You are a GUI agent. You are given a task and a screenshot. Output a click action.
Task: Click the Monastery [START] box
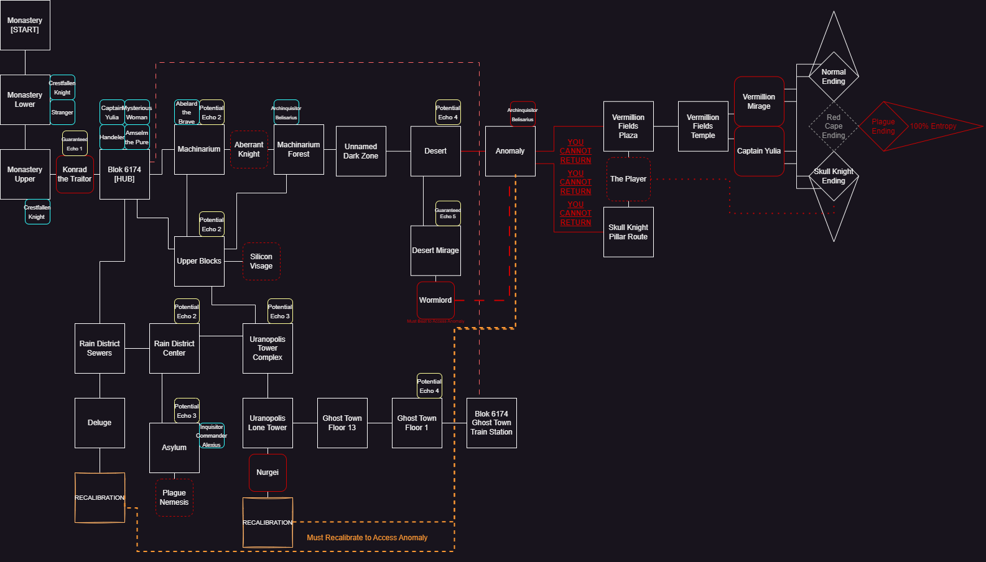25,25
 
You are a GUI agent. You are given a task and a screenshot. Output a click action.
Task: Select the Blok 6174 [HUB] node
124,174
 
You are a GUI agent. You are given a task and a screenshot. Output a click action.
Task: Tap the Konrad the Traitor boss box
75,174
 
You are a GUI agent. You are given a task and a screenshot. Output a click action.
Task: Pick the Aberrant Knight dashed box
249,149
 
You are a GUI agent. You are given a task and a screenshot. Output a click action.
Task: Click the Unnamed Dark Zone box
361,151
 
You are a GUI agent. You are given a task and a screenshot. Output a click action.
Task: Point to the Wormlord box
435,300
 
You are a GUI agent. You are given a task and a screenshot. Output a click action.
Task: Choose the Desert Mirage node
435,251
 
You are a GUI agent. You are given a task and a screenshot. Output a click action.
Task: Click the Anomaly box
510,151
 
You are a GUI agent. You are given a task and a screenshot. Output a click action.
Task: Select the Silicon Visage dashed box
261,261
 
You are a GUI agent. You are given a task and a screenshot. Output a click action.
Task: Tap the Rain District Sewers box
100,348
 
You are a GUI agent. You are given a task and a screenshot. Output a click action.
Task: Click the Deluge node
100,423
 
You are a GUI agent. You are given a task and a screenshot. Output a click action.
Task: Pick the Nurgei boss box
267,472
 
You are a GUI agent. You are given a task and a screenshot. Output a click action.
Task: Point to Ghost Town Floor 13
342,423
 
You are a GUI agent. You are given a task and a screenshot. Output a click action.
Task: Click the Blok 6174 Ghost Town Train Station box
491,423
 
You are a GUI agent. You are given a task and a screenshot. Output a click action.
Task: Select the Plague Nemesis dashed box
174,497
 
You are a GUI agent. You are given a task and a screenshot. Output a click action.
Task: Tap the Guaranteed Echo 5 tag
448,213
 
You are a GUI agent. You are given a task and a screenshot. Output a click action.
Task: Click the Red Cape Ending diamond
834,126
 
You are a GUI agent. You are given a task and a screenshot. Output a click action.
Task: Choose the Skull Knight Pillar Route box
628,232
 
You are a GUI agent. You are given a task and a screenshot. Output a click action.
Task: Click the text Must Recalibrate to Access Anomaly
367,538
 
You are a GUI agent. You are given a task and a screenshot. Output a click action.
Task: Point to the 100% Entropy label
933,126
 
